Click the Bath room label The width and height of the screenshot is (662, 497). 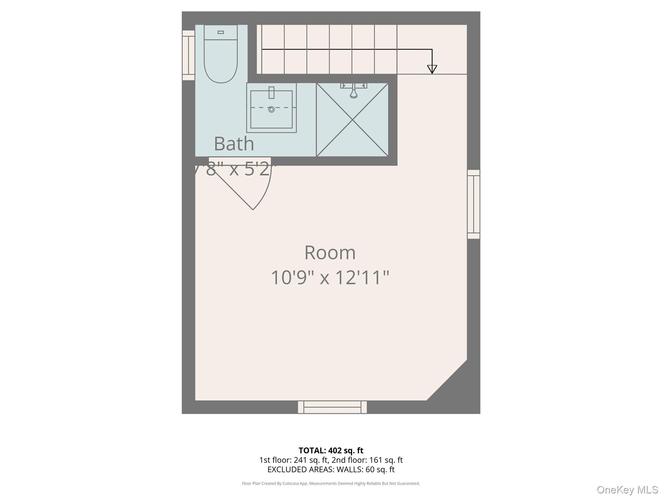[234, 144]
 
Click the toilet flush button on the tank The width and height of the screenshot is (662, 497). [221, 32]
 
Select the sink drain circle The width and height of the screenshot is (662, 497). [272, 109]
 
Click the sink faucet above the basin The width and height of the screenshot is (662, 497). [272, 93]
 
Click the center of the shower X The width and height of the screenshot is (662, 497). [352, 120]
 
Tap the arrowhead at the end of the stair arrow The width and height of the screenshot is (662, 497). [432, 69]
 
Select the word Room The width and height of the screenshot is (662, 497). [330, 252]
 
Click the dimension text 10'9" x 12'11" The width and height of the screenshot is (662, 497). [330, 278]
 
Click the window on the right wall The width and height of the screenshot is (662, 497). [474, 204]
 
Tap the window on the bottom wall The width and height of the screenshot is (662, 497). [332, 407]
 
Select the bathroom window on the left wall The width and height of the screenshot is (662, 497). [188, 55]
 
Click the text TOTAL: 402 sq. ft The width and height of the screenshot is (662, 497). [331, 450]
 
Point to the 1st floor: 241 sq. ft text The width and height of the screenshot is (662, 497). [294, 460]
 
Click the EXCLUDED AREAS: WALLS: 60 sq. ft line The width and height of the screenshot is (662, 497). [331, 469]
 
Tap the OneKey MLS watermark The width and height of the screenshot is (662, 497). [627, 490]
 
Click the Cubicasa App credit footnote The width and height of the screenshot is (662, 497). [331, 483]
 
